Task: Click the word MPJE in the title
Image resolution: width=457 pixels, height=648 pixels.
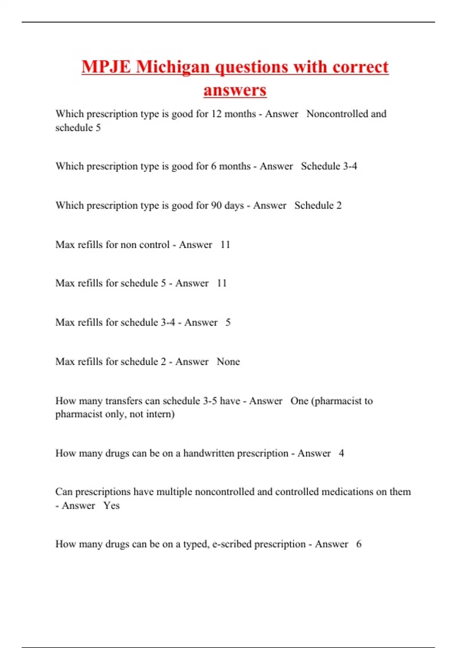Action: pyautogui.click(x=106, y=67)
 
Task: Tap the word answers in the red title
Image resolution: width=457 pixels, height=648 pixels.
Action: pyautogui.click(x=235, y=90)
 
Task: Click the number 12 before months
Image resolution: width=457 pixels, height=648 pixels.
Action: pyautogui.click(x=216, y=114)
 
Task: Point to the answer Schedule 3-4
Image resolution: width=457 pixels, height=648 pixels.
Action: pyautogui.click(x=329, y=166)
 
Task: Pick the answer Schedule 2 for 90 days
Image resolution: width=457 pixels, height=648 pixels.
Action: pyautogui.click(x=318, y=205)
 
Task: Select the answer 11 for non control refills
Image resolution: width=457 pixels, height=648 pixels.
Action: pyautogui.click(x=225, y=245)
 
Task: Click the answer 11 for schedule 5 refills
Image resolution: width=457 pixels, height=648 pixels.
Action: pyautogui.click(x=222, y=283)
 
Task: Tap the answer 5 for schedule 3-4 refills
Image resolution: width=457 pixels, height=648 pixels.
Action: pyautogui.click(x=228, y=322)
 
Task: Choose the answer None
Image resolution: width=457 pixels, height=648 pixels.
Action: pyautogui.click(x=228, y=362)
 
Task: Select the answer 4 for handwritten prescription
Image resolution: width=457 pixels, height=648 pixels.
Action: pyautogui.click(x=341, y=453)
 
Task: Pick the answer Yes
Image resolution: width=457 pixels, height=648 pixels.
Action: pyautogui.click(x=111, y=506)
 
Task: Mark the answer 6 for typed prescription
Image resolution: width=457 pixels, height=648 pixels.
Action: pyautogui.click(x=359, y=544)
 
